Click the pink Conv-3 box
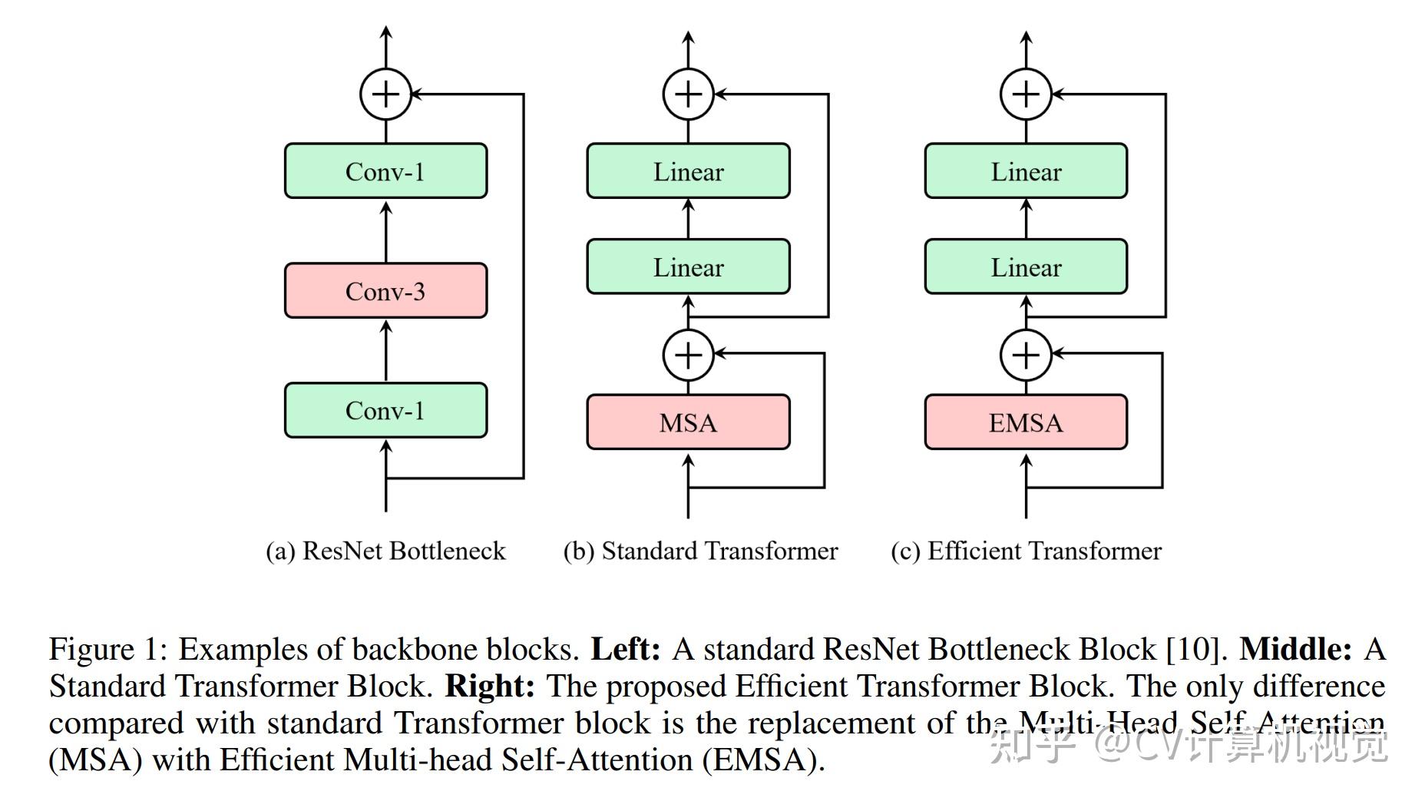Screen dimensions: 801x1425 click(x=385, y=291)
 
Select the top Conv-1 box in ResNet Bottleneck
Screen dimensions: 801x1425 click(x=385, y=171)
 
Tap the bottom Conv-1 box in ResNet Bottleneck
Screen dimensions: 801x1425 click(x=385, y=410)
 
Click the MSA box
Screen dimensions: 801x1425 click(x=688, y=422)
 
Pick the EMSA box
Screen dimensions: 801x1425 click(x=1026, y=422)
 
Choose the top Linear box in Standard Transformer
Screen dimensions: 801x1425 click(x=688, y=171)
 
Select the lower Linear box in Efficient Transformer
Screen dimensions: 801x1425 click(x=1026, y=267)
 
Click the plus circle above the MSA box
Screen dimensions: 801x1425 click(x=688, y=355)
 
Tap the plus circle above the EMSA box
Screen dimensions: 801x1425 click(x=1026, y=355)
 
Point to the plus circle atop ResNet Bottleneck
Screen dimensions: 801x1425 click(x=385, y=94)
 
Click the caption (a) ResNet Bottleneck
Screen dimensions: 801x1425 click(x=385, y=551)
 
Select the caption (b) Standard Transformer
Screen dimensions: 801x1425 click(x=700, y=551)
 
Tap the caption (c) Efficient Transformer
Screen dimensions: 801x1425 click(x=1026, y=551)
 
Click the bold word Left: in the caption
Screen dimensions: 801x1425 click(x=625, y=650)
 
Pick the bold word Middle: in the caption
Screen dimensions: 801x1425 click(x=1295, y=650)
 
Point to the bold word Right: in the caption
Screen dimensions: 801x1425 click(x=490, y=687)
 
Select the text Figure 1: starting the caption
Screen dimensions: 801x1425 click(x=107, y=650)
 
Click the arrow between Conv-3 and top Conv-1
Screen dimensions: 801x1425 click(x=385, y=230)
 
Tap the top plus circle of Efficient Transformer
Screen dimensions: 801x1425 click(x=1026, y=94)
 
